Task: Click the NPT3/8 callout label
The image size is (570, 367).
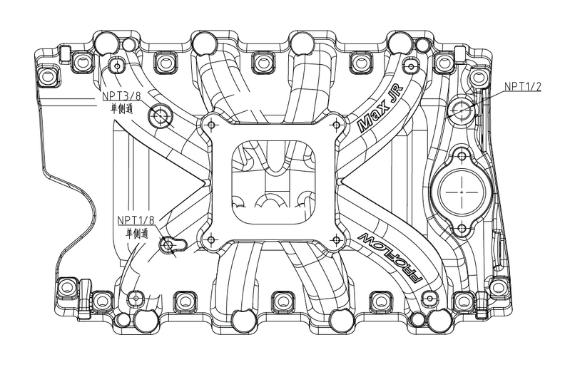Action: point(121,95)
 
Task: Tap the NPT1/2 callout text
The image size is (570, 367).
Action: point(523,86)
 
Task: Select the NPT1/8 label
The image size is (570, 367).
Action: point(136,220)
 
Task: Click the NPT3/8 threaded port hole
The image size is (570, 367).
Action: point(160,115)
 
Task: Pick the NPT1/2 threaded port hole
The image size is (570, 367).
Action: point(462,110)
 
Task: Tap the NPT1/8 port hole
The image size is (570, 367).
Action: point(168,244)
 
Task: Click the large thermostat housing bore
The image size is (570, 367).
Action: point(462,192)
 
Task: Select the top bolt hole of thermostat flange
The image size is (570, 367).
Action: point(462,156)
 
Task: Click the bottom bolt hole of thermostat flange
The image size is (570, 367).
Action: point(462,229)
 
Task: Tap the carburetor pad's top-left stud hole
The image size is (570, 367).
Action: point(212,125)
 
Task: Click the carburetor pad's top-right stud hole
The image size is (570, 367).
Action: point(337,125)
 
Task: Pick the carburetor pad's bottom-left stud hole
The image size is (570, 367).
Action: point(212,239)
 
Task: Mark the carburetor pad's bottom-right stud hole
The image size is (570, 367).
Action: point(337,239)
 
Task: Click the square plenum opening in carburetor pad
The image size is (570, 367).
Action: point(273,182)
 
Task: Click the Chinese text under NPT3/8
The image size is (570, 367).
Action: point(122,108)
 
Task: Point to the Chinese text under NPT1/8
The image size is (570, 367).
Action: point(137,233)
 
